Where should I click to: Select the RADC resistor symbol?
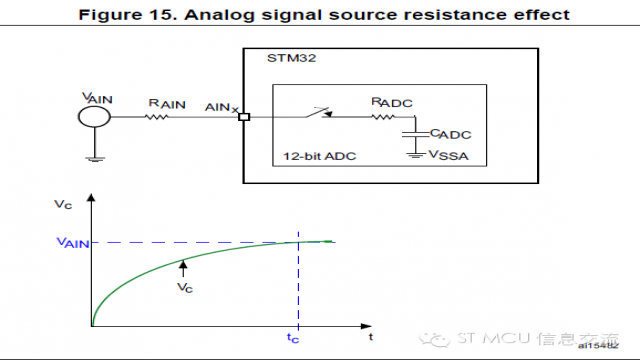384,116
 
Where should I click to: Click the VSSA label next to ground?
447,155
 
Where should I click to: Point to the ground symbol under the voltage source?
93,156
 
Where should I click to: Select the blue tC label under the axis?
293,339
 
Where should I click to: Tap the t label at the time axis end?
371,338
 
